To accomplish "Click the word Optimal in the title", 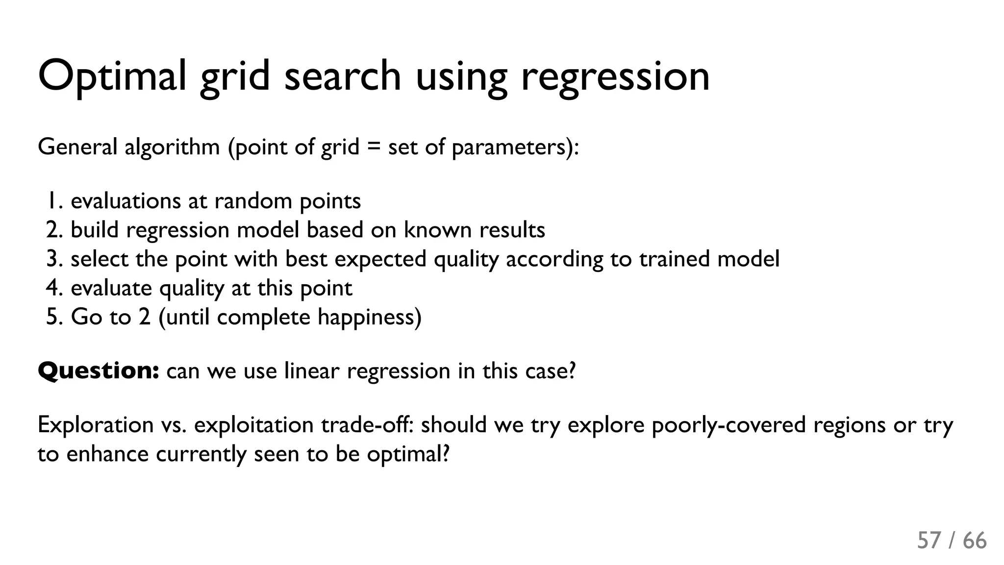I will coord(112,76).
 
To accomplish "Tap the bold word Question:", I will coord(98,370).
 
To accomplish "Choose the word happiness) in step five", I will coord(369,317).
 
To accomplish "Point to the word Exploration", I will coord(96,424).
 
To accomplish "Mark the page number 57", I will coord(929,540).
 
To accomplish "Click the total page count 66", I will coord(975,540).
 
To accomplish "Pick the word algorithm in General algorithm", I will coord(172,147).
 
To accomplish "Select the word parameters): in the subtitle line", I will coord(515,147).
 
